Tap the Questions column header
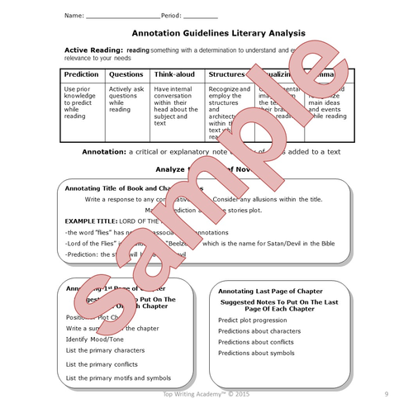126,74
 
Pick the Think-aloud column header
175,74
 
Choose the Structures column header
226,74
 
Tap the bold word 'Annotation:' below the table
104,153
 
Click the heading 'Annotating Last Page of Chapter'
270,292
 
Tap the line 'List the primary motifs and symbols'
120,377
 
